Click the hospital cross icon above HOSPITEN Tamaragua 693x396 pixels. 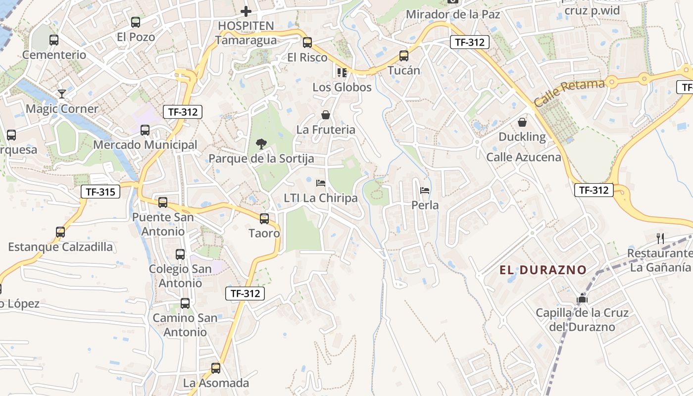(246, 11)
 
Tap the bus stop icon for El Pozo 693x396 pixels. (136, 22)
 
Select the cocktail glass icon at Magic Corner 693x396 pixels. (62, 94)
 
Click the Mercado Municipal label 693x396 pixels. (145, 145)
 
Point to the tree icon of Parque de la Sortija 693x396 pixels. (261, 144)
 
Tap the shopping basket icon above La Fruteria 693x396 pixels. (326, 115)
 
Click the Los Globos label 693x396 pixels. (342, 87)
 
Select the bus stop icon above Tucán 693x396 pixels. (404, 56)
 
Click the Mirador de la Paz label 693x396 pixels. (453, 14)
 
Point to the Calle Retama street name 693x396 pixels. (569, 93)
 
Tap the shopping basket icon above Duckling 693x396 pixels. (522, 122)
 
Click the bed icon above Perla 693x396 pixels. (425, 190)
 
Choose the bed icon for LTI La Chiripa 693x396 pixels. (321, 183)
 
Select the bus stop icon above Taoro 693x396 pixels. (264, 218)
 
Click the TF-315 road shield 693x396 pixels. (100, 192)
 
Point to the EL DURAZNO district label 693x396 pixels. (543, 270)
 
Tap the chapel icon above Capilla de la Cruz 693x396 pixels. (582, 298)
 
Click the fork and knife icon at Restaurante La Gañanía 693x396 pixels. (660, 239)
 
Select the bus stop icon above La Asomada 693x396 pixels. (216, 368)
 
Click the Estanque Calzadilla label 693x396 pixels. (60, 247)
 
